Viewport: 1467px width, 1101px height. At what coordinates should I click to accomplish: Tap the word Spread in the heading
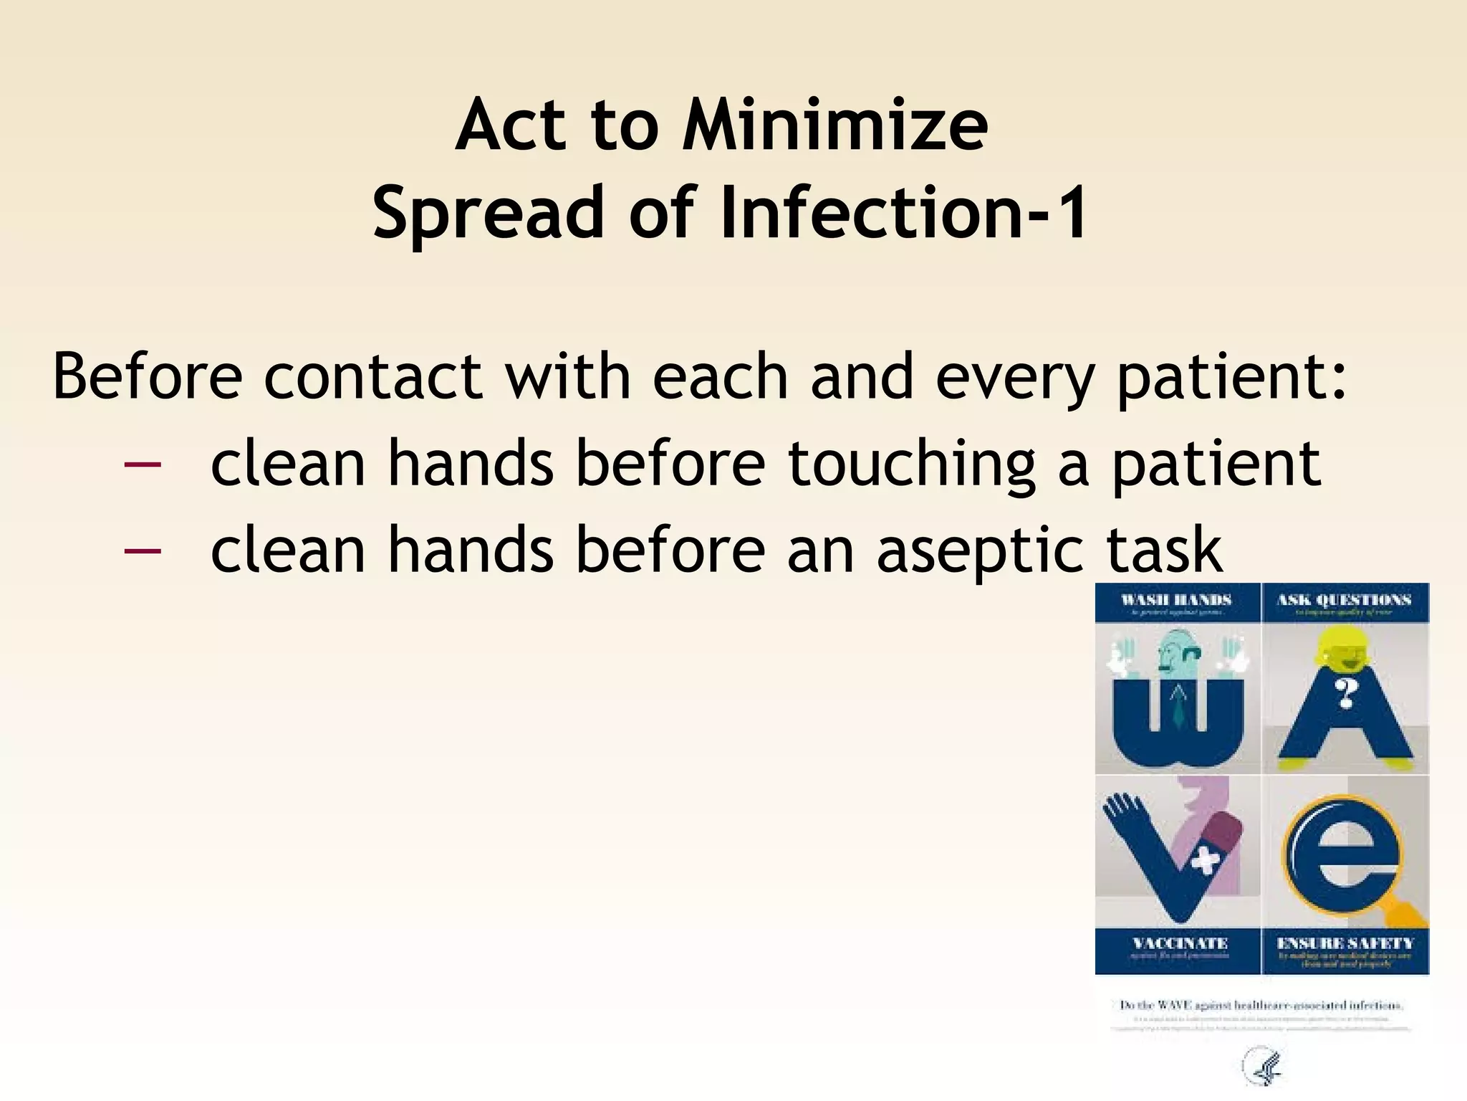coord(489,213)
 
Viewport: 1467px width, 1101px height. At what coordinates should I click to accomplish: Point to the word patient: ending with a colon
coord(1232,378)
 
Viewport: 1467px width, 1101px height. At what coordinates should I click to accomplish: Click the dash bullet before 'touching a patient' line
coord(143,464)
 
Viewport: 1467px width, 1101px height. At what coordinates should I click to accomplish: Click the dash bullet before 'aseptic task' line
coord(143,551)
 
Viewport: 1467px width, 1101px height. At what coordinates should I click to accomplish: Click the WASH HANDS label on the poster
coord(1176,600)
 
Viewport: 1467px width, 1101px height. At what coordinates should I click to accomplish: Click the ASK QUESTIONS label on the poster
coord(1344,600)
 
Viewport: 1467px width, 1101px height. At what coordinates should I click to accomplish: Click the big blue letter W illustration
coord(1177,724)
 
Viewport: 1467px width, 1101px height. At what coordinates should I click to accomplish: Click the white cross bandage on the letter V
coord(1206,860)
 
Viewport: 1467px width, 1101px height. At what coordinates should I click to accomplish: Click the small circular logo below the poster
coord(1263,1069)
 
